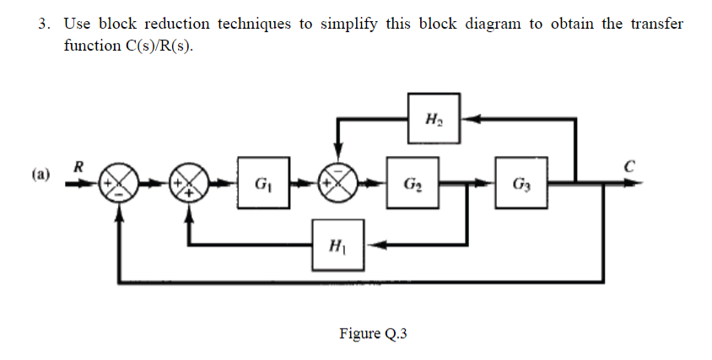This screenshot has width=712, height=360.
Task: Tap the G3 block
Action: click(x=521, y=182)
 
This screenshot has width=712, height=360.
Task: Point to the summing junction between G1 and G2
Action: click(x=338, y=183)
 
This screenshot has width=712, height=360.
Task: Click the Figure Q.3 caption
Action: click(x=373, y=334)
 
